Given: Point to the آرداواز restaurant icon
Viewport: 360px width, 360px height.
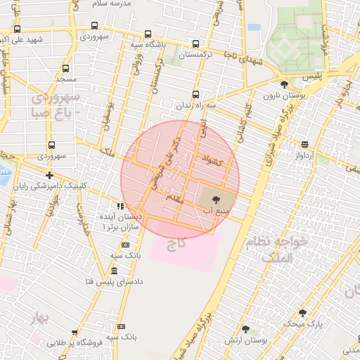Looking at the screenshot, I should (304, 144).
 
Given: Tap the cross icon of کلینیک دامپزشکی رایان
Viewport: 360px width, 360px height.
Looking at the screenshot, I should (49, 175).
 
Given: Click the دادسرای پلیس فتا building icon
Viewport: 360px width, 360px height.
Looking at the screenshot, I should (114, 271).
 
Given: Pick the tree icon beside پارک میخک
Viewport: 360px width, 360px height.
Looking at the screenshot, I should (302, 313).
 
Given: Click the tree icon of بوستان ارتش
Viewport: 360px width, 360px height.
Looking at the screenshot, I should (245, 329).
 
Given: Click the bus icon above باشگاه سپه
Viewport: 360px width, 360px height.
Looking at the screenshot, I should (147, 34).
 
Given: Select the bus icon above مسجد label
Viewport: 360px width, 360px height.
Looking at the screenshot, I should (65, 69).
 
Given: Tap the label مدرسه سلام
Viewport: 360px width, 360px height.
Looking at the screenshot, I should (113, 4).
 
